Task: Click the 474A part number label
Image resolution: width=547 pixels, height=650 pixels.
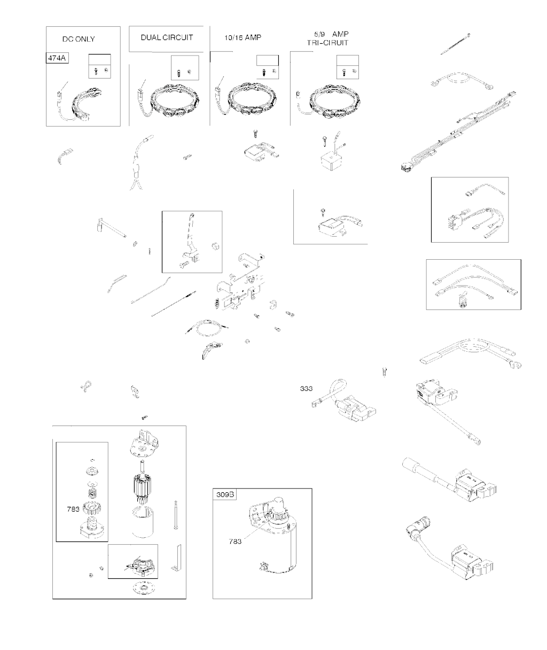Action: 57,58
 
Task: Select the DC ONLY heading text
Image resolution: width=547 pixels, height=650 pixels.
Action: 79,39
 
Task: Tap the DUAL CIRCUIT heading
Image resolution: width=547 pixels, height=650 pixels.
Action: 167,37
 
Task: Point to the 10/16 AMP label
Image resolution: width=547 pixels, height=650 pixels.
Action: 243,37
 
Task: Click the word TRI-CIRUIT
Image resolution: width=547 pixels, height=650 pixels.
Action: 327,43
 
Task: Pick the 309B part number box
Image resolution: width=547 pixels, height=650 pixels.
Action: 225,494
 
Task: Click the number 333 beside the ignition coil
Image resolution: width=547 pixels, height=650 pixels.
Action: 306,389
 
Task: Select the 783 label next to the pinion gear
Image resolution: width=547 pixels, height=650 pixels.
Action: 73,509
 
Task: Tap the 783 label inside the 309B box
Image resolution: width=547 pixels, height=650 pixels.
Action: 235,541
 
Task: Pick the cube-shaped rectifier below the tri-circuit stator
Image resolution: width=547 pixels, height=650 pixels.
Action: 332,161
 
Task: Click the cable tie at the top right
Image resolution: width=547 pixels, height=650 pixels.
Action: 455,44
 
